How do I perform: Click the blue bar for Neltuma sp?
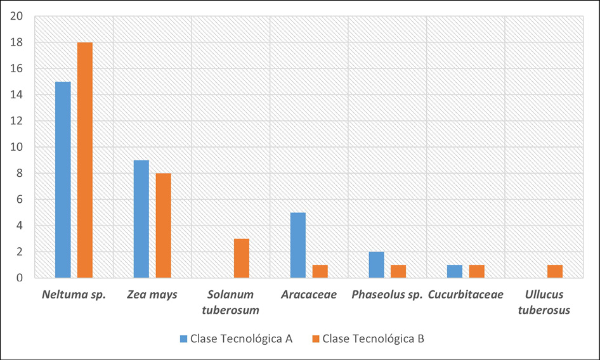coord(63,180)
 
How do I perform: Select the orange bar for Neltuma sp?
coord(85,160)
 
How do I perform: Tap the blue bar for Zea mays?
coord(141,219)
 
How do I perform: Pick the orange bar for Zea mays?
coord(163,226)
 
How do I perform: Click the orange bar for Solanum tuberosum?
coord(242,259)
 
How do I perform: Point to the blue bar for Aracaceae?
coord(298,245)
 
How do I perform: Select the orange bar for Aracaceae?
coord(320,271)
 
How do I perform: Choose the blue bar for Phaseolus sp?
coord(377,265)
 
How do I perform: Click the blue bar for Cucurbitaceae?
coord(455,271)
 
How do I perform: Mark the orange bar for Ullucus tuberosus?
coord(555,271)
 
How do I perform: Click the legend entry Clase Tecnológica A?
coord(237,338)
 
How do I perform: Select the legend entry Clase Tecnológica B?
coord(367,338)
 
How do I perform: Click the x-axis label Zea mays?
coord(152,295)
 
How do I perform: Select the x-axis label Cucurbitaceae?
coord(466,295)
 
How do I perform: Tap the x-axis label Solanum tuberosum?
coord(230,302)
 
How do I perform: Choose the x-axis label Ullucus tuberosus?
coord(544,302)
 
